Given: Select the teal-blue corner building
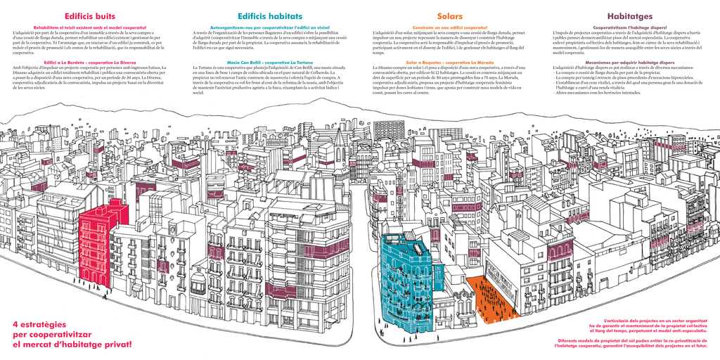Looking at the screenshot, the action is (x=408, y=281).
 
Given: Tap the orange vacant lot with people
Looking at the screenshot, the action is (x=492, y=299).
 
